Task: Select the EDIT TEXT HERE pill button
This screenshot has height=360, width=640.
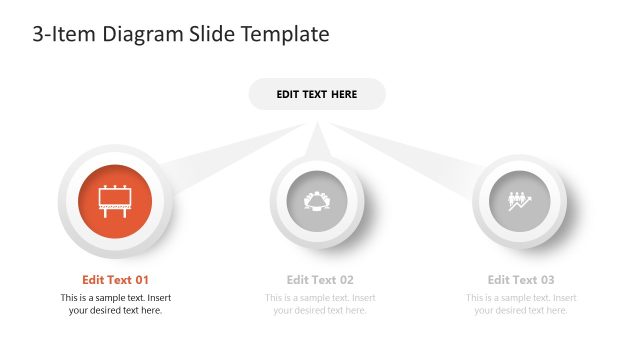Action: (x=317, y=94)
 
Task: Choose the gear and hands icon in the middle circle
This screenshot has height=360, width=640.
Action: (x=317, y=200)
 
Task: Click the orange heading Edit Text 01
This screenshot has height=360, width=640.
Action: (x=115, y=280)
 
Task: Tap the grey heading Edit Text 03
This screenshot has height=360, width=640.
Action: (x=521, y=280)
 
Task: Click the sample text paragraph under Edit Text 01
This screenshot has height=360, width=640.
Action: (x=115, y=304)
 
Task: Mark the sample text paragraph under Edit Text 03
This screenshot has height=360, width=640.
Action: (x=521, y=304)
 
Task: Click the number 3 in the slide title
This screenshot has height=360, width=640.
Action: (x=38, y=34)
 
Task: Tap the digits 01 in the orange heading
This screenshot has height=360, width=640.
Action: (x=141, y=280)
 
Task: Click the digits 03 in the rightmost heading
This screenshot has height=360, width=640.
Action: (x=547, y=280)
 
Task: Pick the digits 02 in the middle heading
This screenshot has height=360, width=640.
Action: (x=346, y=280)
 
